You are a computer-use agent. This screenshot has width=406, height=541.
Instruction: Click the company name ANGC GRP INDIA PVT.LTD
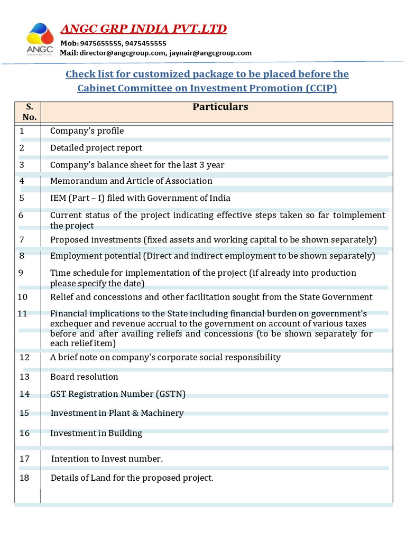point(144,29)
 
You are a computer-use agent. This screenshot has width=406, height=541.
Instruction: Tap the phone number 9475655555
point(101,43)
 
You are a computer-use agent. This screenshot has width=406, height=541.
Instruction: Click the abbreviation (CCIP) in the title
point(321,88)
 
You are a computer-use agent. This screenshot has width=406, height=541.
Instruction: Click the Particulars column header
point(220,107)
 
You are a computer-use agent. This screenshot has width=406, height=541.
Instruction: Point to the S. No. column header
point(29,111)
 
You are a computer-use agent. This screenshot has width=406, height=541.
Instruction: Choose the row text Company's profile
point(87,130)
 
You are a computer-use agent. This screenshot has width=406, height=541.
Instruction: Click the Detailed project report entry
point(96,148)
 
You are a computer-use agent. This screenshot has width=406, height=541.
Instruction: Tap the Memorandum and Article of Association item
point(131,181)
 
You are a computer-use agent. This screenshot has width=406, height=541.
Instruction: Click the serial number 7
point(22,240)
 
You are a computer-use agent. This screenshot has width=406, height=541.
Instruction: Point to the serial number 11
point(22,313)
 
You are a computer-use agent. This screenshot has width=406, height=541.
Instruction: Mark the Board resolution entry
point(84,377)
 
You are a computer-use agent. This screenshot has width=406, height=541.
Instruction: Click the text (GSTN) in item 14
point(170,394)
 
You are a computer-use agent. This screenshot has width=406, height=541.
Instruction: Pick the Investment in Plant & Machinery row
point(117,413)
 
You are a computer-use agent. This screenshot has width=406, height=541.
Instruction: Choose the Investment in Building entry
point(96,433)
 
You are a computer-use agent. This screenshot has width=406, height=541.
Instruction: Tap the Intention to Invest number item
point(107,459)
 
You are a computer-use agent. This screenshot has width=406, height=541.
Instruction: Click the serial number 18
point(24,478)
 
